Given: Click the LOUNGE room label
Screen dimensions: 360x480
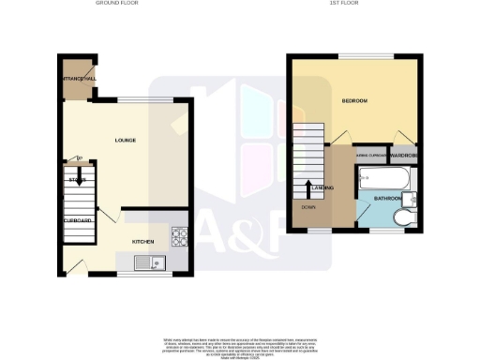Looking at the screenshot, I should click(125, 141).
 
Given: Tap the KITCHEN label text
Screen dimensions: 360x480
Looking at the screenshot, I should click(142, 241).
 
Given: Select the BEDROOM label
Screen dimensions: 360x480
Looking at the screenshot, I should click(355, 99).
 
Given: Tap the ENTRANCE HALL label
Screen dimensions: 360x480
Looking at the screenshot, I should click(80, 79).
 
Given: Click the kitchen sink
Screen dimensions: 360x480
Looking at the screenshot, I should click(150, 262).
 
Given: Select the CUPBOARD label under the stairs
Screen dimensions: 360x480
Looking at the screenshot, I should click(77, 220).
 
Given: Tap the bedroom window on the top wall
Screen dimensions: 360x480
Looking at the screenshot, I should click(357, 56).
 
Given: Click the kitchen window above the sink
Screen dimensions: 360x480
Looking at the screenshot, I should click(143, 276).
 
